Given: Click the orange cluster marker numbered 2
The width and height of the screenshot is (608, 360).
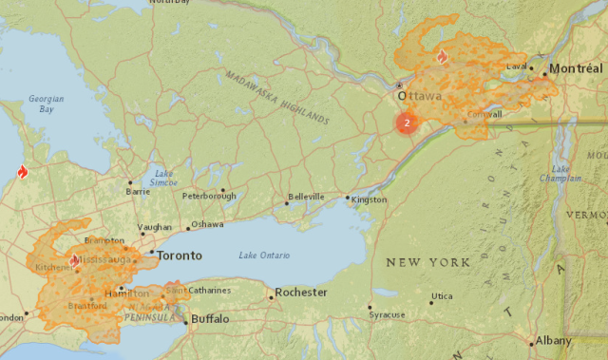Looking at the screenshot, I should tap(407, 123).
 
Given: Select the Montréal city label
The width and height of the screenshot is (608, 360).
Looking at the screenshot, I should tap(576, 68).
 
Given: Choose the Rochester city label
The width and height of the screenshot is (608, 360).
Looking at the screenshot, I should tap(301, 293).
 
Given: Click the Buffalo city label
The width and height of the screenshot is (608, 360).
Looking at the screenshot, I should tap(210, 320).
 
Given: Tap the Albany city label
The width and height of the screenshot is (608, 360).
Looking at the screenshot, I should tap(553, 340).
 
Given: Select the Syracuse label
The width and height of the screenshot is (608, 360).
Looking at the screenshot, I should tap(387, 314).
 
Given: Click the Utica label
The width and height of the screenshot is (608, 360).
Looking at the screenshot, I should tap(442, 296).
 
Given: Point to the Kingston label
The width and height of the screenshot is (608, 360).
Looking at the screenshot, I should tap(369, 200).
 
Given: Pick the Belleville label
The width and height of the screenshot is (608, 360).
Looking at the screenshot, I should tap(306, 197).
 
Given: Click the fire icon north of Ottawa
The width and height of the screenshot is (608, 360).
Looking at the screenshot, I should tap(441, 56).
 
